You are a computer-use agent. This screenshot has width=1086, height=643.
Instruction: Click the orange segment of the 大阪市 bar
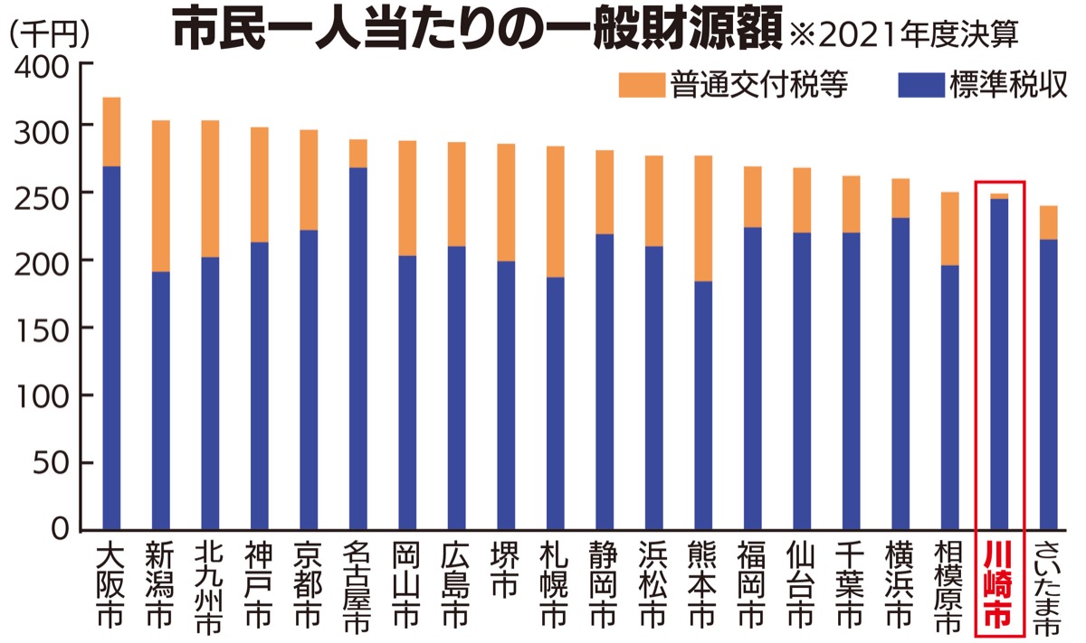111,132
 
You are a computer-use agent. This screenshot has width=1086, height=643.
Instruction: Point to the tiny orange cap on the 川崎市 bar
999,196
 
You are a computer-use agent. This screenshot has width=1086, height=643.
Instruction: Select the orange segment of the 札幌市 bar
555,212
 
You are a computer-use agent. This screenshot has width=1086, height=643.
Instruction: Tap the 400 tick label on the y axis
44,67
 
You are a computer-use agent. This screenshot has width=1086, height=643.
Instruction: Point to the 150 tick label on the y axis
44,328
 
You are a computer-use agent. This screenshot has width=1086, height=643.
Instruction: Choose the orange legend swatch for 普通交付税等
641,86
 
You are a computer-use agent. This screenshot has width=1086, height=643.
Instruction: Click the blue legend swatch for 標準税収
919,86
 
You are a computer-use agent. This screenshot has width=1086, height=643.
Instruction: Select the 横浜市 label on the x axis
899,585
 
